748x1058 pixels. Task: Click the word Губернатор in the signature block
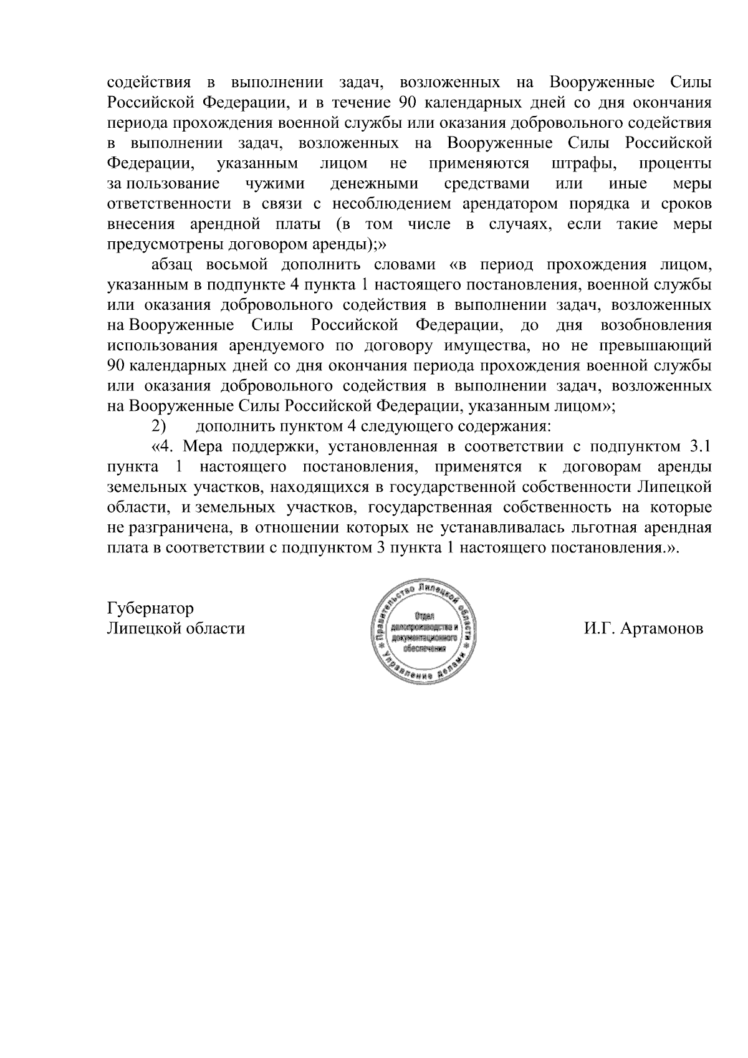(150, 608)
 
